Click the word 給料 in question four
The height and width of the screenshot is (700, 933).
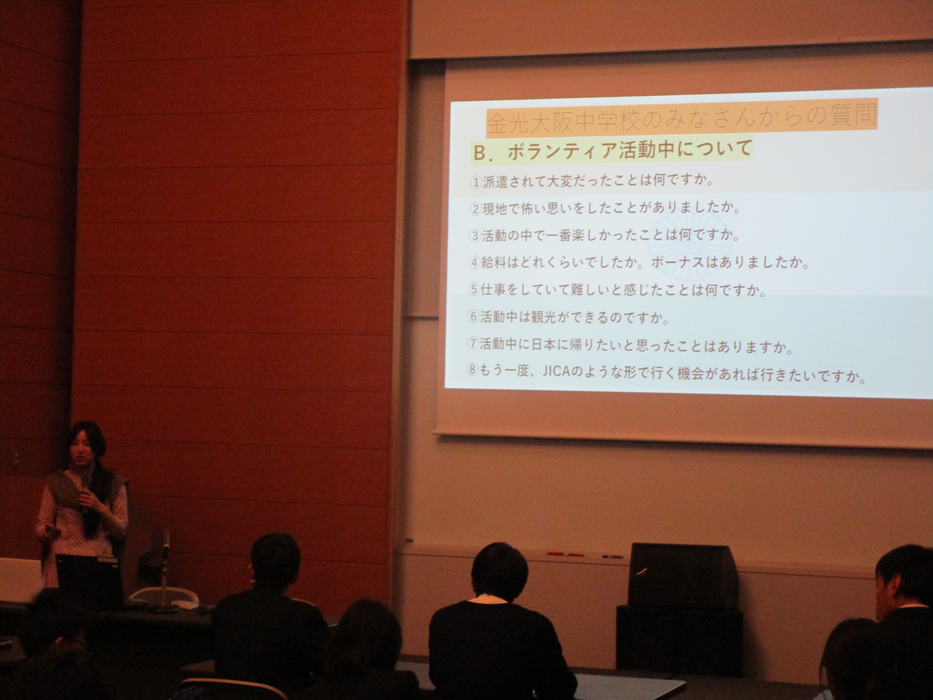495,262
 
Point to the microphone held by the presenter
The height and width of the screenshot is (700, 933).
86,485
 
